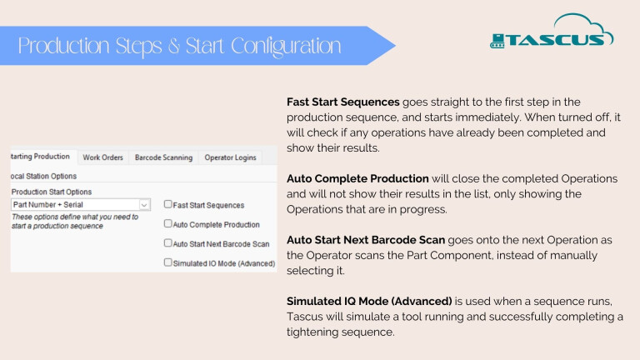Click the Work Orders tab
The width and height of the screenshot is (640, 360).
coord(102,157)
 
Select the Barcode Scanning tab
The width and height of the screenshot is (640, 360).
coord(163,157)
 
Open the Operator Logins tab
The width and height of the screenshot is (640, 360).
coord(230,157)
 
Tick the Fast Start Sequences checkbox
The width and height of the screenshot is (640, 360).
coord(167,204)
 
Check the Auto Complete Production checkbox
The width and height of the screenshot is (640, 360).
coord(167,223)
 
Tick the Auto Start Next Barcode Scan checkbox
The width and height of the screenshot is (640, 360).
coord(167,242)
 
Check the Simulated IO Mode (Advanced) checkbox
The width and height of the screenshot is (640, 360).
coord(167,262)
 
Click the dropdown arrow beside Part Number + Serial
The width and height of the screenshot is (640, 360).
coord(144,204)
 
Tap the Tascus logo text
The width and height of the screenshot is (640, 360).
coord(555,40)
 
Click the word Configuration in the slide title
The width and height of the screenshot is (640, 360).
coord(286,46)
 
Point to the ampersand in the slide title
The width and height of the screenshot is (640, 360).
coord(174,46)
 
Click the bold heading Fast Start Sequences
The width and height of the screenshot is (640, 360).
coord(342,102)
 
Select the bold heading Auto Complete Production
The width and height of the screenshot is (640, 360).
coord(357,178)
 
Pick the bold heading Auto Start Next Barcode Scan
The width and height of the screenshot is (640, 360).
coord(366,240)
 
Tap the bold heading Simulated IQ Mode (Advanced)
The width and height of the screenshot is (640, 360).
coord(369,301)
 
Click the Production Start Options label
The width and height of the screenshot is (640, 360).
coord(52,192)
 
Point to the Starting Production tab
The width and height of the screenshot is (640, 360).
coord(40,157)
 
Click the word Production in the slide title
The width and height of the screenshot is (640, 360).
coord(63,46)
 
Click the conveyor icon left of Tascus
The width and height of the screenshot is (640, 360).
coord(497,41)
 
